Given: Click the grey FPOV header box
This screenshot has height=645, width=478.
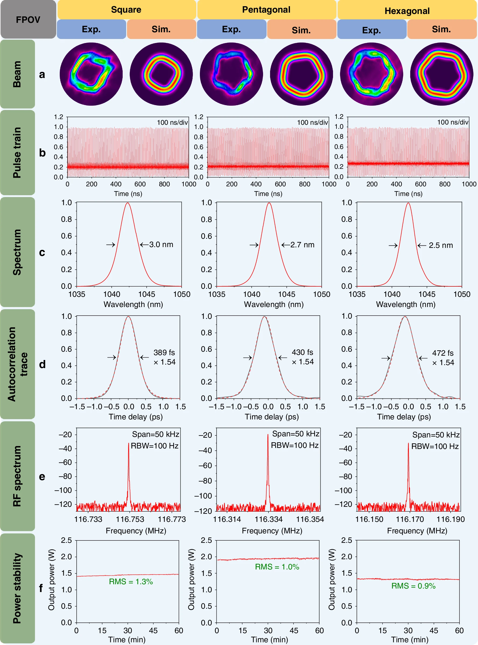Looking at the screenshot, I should [28, 19].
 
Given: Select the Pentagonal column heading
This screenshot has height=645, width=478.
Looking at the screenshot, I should [266, 10].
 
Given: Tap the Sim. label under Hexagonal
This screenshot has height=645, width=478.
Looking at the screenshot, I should [441, 29].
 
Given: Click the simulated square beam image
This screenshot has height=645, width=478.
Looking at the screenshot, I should [161, 74].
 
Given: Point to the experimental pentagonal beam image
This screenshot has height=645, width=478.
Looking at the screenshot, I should [232, 74].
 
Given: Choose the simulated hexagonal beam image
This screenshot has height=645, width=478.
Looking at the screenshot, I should [441, 74].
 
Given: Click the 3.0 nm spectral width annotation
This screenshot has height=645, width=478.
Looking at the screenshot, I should [161, 244].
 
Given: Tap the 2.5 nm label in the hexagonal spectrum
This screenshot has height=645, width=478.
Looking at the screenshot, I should [441, 245].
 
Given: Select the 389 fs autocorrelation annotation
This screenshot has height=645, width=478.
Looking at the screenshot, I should [164, 352].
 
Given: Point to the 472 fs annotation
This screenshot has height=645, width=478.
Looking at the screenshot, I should [443, 353].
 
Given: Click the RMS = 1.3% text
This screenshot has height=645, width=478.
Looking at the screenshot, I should [131, 582].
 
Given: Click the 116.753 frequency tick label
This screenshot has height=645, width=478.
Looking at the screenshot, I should [130, 519].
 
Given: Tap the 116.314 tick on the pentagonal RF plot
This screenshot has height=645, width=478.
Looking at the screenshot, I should [227, 519].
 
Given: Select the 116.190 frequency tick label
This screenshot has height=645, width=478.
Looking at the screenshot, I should [451, 519].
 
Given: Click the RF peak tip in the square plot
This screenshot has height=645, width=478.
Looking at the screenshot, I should [129, 443].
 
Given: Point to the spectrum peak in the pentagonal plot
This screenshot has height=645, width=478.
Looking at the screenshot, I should [269, 203].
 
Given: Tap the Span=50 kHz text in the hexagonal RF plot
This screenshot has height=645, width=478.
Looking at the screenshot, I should [436, 435].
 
